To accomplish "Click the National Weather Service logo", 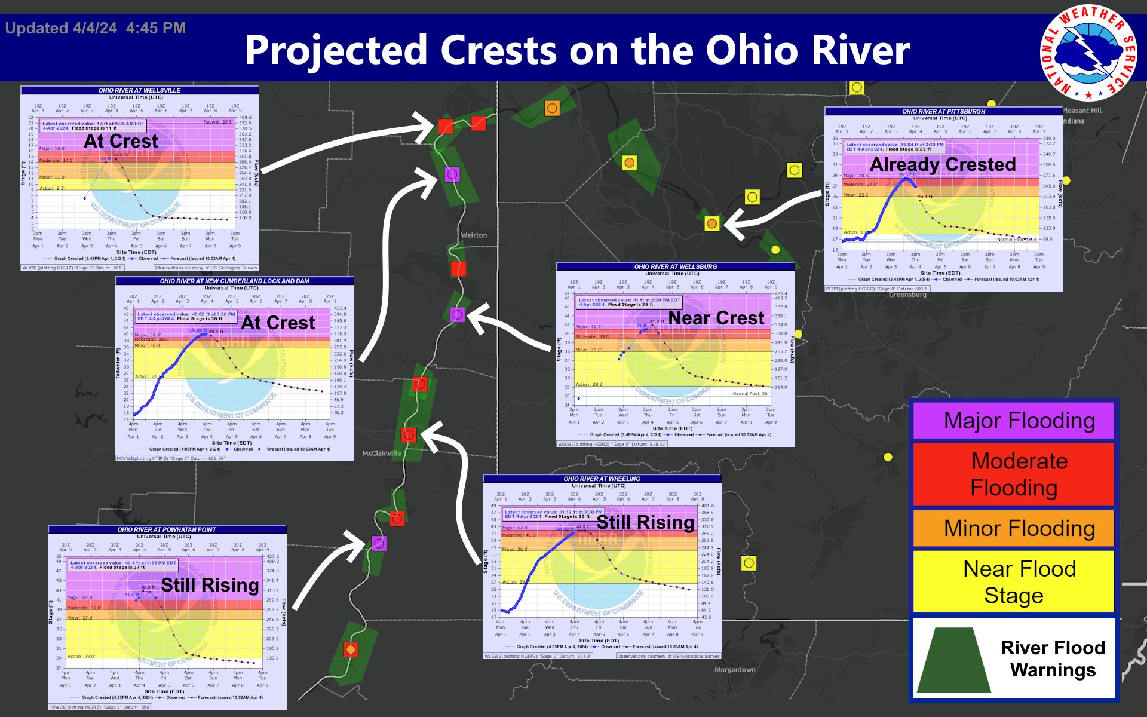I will pos(1088,53).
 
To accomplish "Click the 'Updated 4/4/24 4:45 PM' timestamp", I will pos(96,28).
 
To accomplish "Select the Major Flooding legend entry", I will pos(1013,421).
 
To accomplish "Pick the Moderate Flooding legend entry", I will pos(1013,474).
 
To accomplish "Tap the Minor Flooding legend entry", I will pos(1013,528).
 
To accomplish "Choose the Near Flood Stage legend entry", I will pos(1013,581).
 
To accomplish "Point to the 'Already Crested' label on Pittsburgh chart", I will pos(943,164).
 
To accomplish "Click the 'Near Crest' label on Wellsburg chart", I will pos(716,318).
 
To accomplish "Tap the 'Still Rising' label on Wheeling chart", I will pos(645,522).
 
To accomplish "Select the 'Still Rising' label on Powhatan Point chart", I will pos(210,585).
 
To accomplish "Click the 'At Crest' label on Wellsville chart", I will pos(121,142).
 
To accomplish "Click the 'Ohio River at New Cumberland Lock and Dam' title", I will pos(234,281).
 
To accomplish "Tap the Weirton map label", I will pos(474,235).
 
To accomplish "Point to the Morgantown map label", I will pos(735,670).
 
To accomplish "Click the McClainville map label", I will pos(382,454).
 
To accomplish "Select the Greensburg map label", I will pos(907,295).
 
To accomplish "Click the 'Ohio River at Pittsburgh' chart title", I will pos(943,111).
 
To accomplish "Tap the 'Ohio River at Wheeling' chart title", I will pos(602,479).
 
